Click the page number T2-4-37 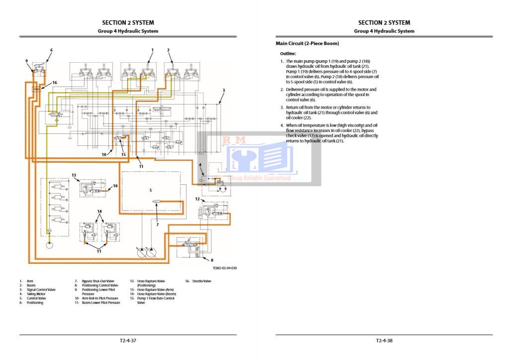128,341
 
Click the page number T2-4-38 384,341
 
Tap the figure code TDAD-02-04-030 225,268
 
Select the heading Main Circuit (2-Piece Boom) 307,44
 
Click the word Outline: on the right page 288,53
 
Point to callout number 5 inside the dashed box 151,190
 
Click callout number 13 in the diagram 74,175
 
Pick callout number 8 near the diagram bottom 212,260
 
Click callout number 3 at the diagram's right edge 224,90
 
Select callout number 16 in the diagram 55,83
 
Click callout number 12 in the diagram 197,199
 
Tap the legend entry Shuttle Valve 202,281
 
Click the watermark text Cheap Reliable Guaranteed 259,178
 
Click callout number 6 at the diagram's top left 51,50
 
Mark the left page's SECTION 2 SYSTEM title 128,22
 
